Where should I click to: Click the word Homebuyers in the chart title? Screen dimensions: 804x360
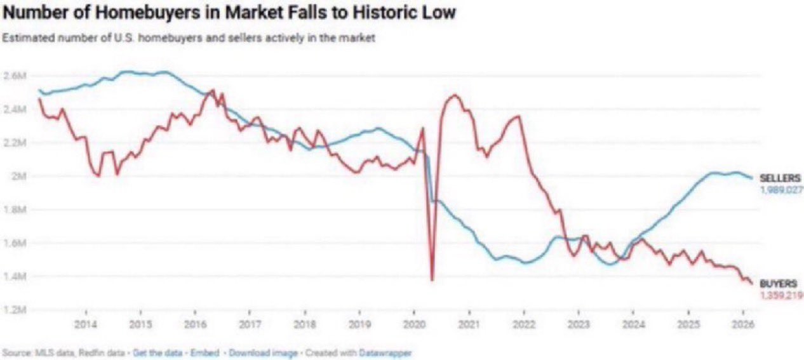tap(148, 13)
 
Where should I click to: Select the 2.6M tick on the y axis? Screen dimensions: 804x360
tap(15, 76)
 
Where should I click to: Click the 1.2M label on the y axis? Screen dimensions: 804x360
tap(15, 310)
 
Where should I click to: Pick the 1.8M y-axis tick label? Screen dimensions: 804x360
tap(15, 210)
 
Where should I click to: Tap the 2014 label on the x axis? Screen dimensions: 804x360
tap(86, 324)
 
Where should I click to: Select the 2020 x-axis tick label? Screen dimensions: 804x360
tap(414, 324)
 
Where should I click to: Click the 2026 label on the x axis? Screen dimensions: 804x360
tap(743, 324)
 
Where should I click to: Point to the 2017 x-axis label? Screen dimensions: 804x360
tap(250, 324)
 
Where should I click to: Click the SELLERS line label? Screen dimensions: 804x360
tap(780, 178)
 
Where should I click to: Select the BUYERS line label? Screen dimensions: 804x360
tap(779, 284)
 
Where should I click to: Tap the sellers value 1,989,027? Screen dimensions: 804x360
tap(781, 190)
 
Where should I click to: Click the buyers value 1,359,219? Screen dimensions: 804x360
tap(781, 295)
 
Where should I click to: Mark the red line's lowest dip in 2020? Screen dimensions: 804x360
tap(432, 280)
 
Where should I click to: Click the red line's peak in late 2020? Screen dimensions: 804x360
tap(455, 95)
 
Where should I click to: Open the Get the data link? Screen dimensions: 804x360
tap(157, 352)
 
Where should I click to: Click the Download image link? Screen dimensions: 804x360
tap(263, 352)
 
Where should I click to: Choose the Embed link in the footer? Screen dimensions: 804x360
tap(204, 352)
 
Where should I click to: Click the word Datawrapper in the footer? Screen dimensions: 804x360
tap(385, 352)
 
